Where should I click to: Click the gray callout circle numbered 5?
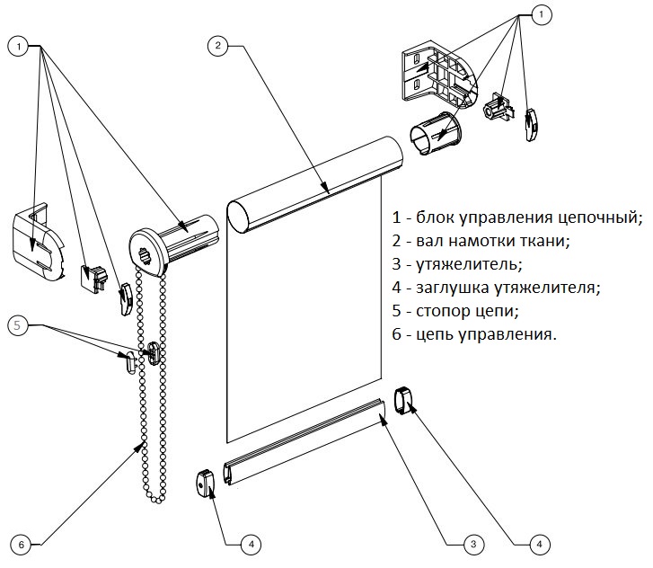18,324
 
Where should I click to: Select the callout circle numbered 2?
218,46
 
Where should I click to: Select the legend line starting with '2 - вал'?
493,241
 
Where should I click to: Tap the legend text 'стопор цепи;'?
467,312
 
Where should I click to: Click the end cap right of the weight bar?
407,399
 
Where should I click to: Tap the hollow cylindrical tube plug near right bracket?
436,135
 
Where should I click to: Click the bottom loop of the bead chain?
157,499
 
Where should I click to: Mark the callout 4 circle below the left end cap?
253,544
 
